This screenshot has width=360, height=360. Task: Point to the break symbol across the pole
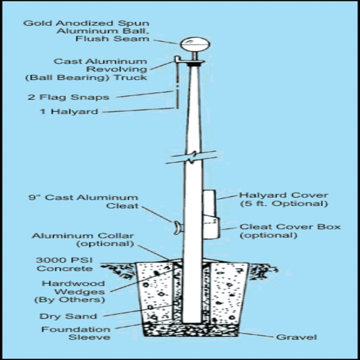[x=191, y=157]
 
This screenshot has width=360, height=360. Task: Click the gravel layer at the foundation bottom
[x=191, y=330]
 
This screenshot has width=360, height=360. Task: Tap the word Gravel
[x=296, y=337]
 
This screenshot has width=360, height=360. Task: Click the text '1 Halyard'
[x=69, y=112]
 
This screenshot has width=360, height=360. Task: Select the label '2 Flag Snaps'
[x=68, y=97]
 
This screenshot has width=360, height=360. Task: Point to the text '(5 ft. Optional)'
[x=284, y=204]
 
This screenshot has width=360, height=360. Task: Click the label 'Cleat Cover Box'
[x=290, y=227]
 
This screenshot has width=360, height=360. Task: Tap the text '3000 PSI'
[x=64, y=260]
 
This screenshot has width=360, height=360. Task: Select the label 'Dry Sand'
[x=68, y=316]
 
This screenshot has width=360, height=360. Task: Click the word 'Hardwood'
[x=73, y=283]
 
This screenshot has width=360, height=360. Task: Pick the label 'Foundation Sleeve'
[x=76, y=333]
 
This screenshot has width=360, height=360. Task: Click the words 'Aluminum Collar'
[x=83, y=236]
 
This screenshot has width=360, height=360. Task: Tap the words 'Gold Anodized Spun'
[x=86, y=23]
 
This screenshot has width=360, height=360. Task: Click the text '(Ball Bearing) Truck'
[x=86, y=77]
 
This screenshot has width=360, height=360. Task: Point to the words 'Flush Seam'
[x=112, y=39]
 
